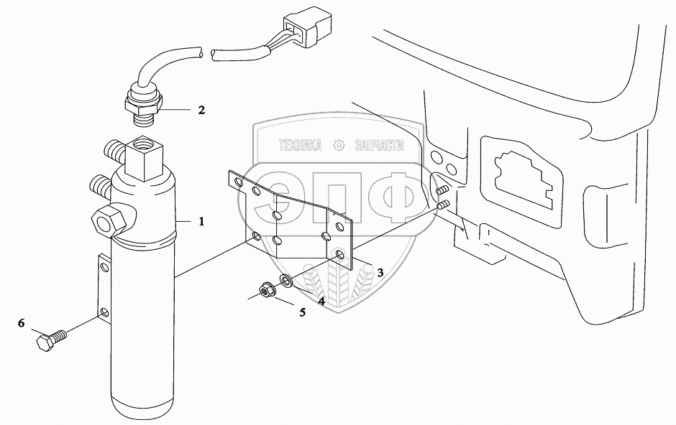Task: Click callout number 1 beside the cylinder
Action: coord(202,223)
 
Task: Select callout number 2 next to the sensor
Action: coord(201,111)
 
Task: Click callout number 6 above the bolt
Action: coord(22,324)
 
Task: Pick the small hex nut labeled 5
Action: coord(263,291)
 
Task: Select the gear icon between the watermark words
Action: coord(339,146)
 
